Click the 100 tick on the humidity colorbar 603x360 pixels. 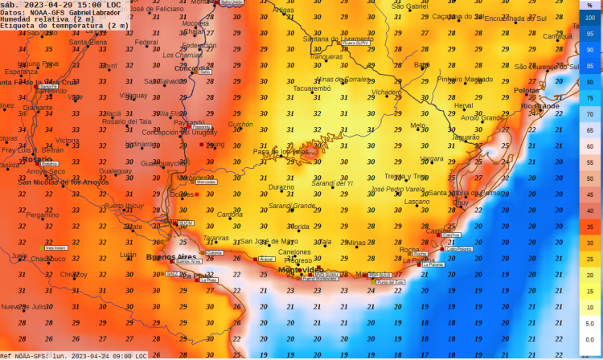[589, 17]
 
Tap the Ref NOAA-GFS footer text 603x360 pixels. [26, 355]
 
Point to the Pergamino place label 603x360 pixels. [42, 215]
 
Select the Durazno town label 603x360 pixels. [281, 186]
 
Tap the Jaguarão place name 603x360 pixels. [466, 137]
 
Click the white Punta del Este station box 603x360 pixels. [391, 282]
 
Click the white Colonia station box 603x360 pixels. [214, 252]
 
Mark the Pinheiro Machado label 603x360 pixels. [465, 79]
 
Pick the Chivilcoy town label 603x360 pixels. [74, 274]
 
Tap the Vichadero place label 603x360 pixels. [386, 92]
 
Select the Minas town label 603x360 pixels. [355, 242]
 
